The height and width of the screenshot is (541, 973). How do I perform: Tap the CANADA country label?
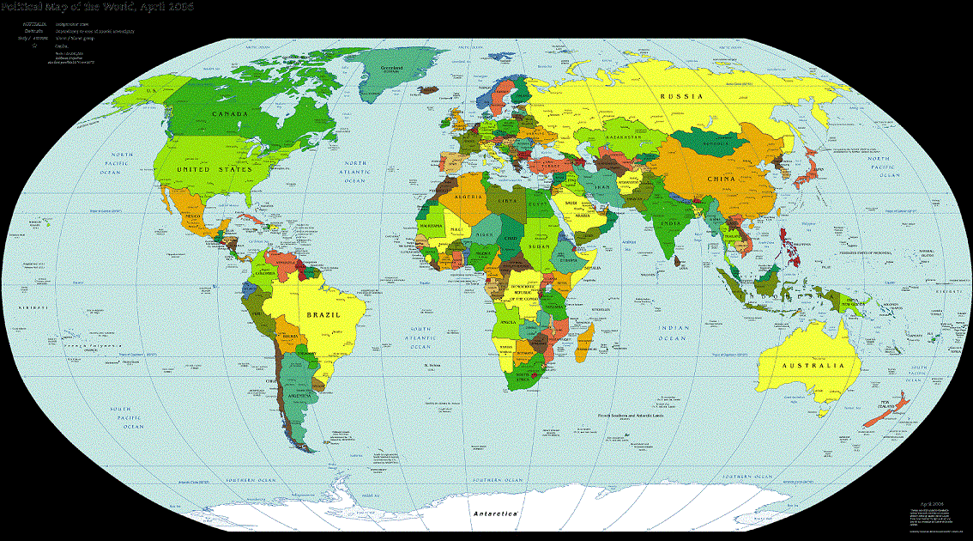(230, 113)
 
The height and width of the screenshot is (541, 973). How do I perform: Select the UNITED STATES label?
(215, 170)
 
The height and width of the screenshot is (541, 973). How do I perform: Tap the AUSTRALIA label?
(807, 366)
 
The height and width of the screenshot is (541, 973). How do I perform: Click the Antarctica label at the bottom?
(495, 514)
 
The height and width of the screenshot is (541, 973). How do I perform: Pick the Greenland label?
(391, 67)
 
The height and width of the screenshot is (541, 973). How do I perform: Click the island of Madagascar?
(585, 339)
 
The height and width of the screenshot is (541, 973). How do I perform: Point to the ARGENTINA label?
(299, 396)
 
